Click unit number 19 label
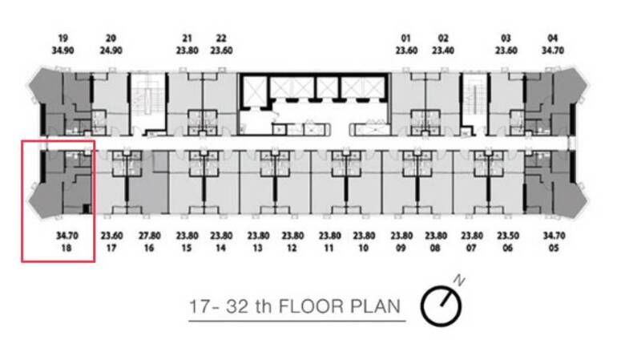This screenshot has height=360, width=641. [x=62, y=38]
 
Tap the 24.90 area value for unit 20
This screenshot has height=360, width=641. [x=111, y=51]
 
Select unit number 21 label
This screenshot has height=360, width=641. [x=187, y=38]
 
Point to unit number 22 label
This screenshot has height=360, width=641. [x=221, y=38]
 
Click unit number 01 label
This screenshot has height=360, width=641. [x=405, y=38]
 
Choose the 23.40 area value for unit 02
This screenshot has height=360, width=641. [x=443, y=51]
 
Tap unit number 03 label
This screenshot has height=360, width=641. [x=506, y=38]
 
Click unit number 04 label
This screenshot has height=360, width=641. [x=553, y=38]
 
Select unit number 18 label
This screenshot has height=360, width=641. [x=67, y=248]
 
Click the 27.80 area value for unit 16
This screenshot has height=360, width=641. [x=149, y=236]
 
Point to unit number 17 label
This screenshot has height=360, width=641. [x=111, y=248]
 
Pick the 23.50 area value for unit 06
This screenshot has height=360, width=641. [x=508, y=236]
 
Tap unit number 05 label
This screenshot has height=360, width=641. [x=554, y=248]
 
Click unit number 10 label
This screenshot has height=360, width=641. [x=364, y=248]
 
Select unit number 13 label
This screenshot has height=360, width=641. [x=257, y=248]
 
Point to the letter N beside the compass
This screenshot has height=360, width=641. [x=459, y=281]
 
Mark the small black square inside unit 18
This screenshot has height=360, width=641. [x=87, y=208]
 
